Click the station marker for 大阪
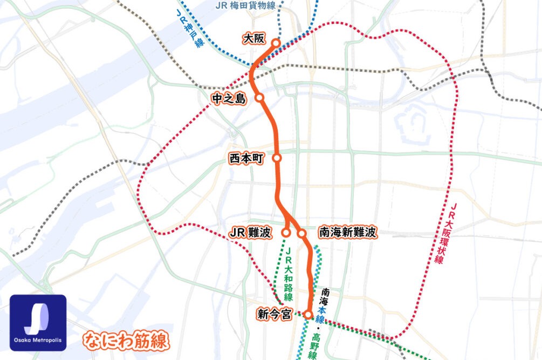click(276, 43)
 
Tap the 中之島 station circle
click(259, 98)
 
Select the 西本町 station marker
click(277, 158)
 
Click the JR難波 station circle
click(286, 233)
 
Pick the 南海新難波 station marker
click(302, 233)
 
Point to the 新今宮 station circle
click(308, 314)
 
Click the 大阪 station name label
click(253, 39)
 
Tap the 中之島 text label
click(229, 98)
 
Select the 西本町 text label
click(246, 159)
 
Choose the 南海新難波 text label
click(347, 233)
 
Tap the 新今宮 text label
click(275, 313)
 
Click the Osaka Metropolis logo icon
click(38, 322)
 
